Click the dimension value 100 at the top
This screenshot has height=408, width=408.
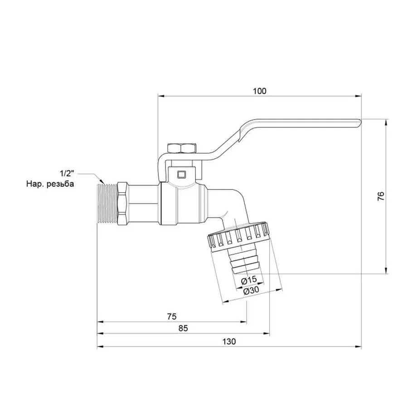pos(259,91)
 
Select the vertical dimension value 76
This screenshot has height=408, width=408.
pos(381,196)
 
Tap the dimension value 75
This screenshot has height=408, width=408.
pos(171,316)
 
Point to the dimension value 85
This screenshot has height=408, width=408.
pos(183,328)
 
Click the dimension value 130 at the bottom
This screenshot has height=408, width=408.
pos(229,342)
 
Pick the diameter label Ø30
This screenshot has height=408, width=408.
pos(251,291)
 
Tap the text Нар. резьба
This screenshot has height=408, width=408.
pos(49,184)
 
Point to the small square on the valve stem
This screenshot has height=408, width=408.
pos(182,173)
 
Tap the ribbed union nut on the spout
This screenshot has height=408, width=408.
pos(238,239)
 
